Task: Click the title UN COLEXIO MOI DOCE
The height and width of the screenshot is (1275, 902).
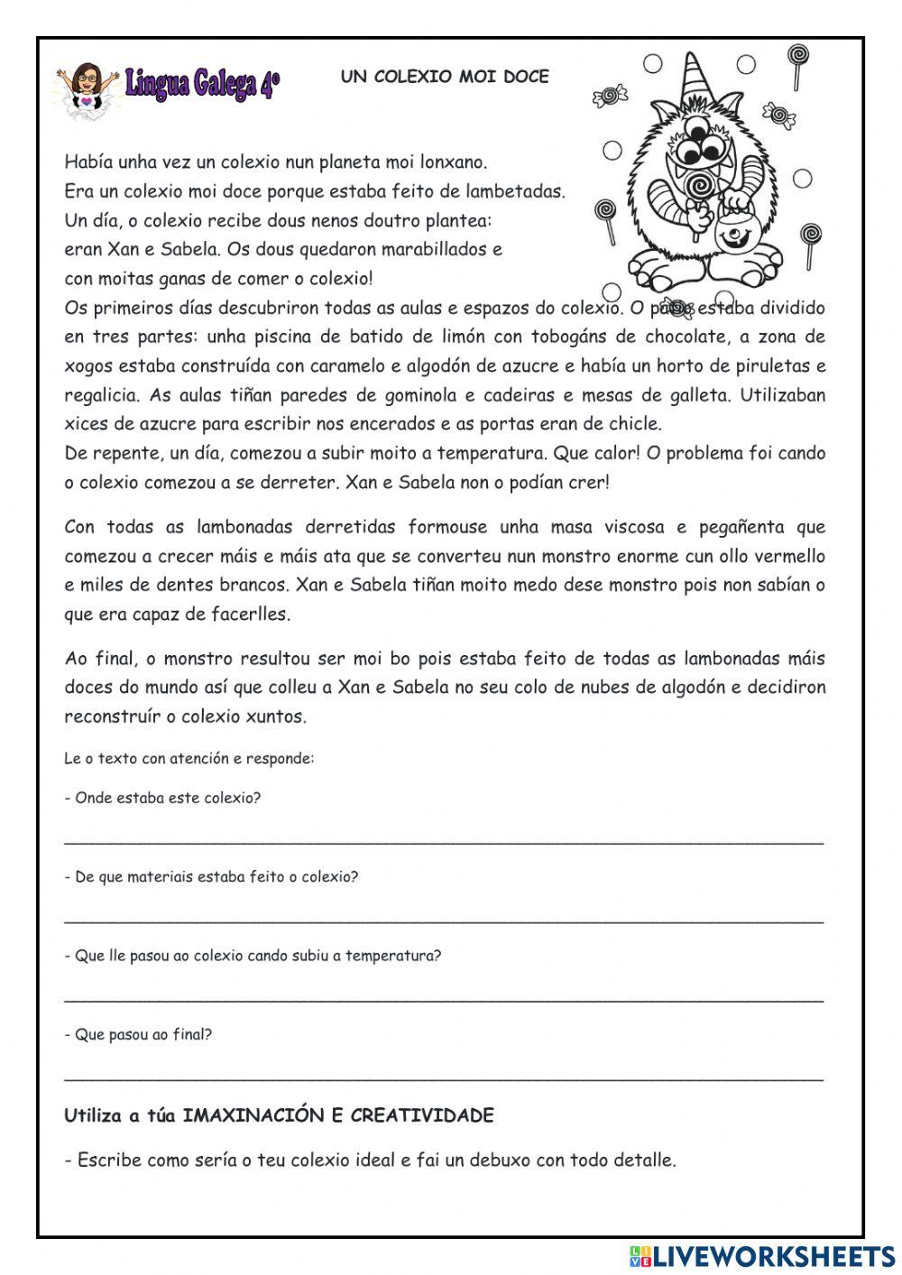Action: pyautogui.click(x=445, y=77)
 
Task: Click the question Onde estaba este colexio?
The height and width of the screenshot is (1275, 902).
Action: pyautogui.click(x=162, y=798)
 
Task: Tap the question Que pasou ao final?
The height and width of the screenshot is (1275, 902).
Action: pyautogui.click(x=138, y=1034)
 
